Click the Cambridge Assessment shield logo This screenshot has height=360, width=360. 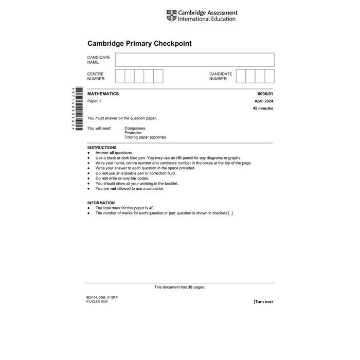point(171,16)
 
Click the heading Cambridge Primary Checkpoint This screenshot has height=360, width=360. point(139,44)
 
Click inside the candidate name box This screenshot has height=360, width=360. point(194,60)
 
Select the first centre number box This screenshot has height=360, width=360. point(120,76)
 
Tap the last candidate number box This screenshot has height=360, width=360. point(269,76)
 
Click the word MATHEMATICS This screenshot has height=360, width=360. point(103,94)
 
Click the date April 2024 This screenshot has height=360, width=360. point(264,101)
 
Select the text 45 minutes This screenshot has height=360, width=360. point(263,109)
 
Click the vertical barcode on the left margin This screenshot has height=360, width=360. point(79,108)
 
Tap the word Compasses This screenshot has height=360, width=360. point(135,128)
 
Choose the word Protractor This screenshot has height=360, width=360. point(133,133)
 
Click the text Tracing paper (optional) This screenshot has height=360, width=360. point(145,137)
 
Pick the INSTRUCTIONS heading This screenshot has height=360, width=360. point(102,148)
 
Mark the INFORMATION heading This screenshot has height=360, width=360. point(101,203)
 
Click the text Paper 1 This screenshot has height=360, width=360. point(94,101)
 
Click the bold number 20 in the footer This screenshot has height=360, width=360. point(190,287)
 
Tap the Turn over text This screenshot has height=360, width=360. point(263,301)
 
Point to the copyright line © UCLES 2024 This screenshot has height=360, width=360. point(97,301)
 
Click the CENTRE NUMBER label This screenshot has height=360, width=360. point(96,76)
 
